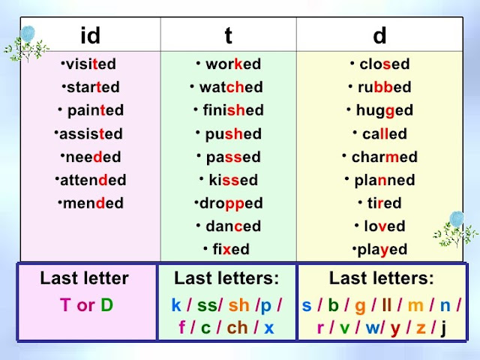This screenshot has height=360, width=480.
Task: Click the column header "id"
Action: (90, 34)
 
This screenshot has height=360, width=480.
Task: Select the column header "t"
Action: (229, 34)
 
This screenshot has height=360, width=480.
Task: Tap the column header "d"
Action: (379, 34)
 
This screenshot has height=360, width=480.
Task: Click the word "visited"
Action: (91, 64)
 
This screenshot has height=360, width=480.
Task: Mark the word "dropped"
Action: (230, 203)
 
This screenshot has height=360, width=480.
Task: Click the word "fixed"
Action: (230, 249)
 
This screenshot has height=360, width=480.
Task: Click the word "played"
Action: (382, 249)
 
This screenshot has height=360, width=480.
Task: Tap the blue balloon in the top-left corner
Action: (28, 34)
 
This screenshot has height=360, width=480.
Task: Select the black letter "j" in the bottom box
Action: (444, 328)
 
